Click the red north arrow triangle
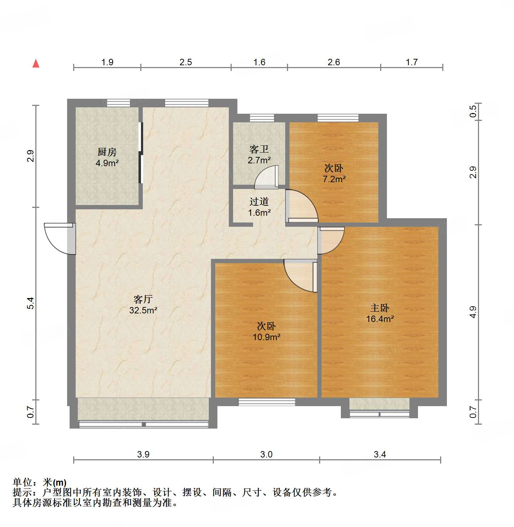[36, 63]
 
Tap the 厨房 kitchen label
[107, 152]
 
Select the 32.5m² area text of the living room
[143, 310]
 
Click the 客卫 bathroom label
[259, 149]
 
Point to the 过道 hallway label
[259, 202]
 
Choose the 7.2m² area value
[334, 179]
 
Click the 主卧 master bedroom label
[379, 308]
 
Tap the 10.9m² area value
[266, 337]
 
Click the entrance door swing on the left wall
[59, 238]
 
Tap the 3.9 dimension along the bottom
[143, 454]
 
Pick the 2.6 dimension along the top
[334, 62]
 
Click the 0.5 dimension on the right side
[473, 112]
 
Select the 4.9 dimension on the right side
[473, 312]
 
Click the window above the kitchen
[118, 103]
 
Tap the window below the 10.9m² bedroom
[267, 402]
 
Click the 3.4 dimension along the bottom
[380, 454]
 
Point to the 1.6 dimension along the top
[259, 62]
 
